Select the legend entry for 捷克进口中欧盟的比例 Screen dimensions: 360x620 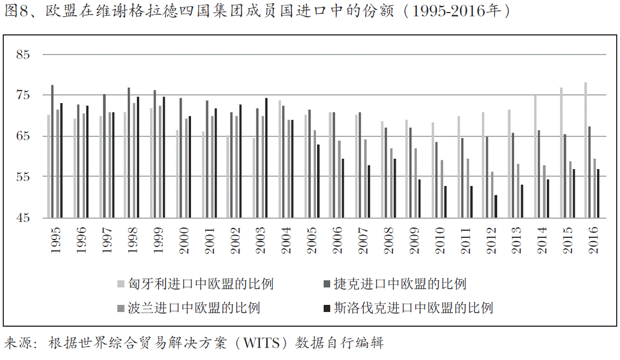tap(395, 284)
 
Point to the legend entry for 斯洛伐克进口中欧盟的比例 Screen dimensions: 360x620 tap(408, 308)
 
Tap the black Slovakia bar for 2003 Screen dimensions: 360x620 tap(266, 158)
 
